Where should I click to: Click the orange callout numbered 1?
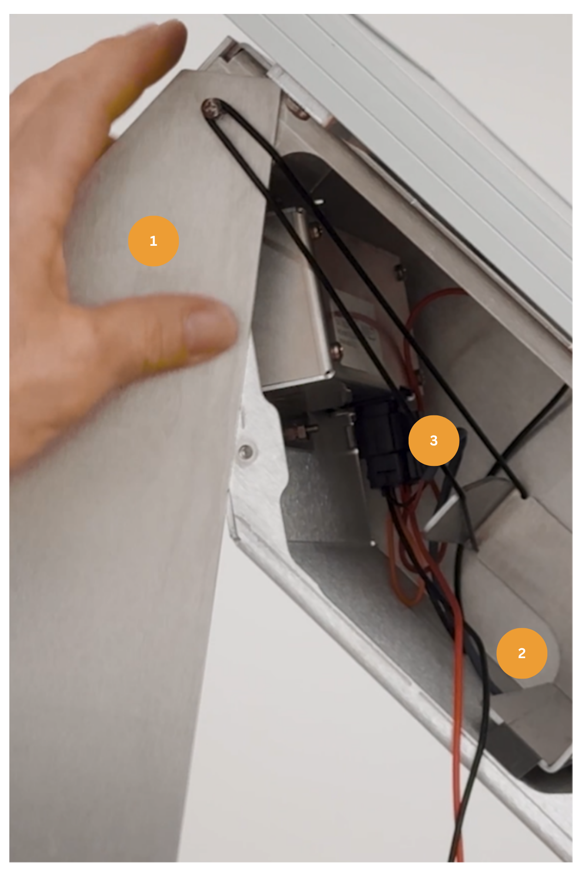[153, 241]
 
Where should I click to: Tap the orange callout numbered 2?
[521, 653]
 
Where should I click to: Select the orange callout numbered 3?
[433, 440]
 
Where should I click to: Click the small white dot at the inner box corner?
[372, 544]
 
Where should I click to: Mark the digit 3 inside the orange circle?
[433, 440]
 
